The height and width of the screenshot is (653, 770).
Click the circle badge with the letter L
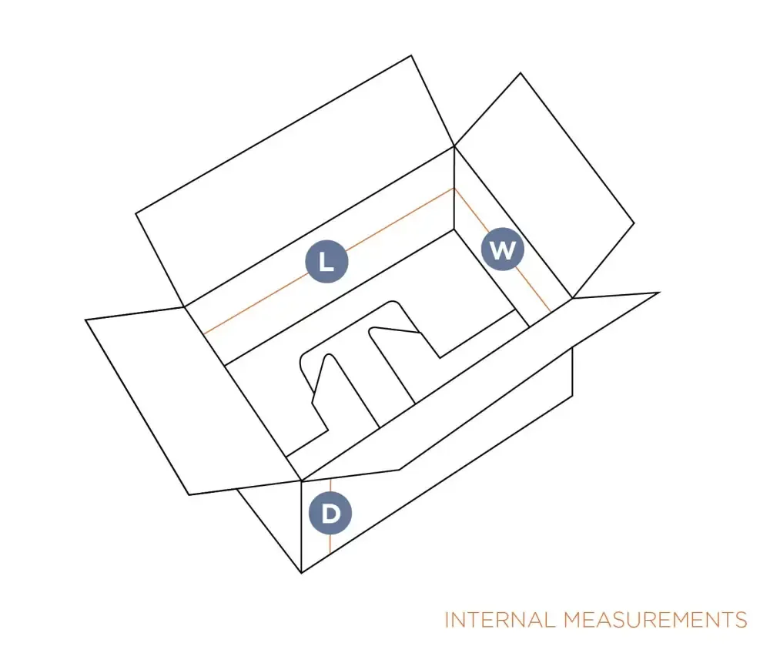(326, 261)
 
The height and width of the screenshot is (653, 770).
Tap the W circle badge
(502, 249)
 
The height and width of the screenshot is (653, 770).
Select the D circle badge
(330, 513)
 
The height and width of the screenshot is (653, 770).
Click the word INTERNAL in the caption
(500, 620)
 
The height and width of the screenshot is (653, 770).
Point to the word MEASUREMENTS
(655, 620)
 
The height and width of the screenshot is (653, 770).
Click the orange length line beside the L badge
(329, 261)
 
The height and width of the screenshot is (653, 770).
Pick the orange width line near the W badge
(502, 249)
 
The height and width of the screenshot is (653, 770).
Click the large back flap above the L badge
(295, 182)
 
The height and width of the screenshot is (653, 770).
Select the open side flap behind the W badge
(545, 186)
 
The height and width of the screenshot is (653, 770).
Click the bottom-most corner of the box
(301, 573)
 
